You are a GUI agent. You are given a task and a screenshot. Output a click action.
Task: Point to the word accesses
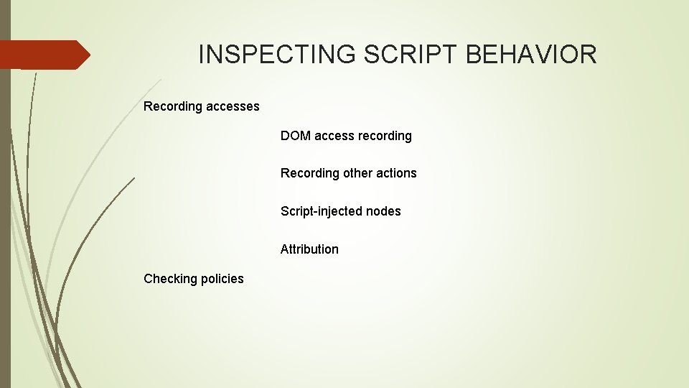[x=233, y=106]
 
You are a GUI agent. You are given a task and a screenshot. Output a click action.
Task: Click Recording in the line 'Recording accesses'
[x=173, y=106]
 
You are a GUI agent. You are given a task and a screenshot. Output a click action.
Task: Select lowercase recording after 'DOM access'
[x=385, y=136]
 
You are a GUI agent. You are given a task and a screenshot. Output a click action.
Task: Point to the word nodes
[x=383, y=211]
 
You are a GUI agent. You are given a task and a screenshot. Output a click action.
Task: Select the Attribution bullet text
[x=309, y=249]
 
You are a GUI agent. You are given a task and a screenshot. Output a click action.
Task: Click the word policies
[x=222, y=279]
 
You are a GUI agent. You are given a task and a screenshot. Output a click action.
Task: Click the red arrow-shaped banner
[x=43, y=55]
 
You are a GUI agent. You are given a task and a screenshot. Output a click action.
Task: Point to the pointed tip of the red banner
[x=89, y=55]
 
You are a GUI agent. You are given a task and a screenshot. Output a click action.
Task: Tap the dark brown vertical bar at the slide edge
[x=5, y=216]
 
